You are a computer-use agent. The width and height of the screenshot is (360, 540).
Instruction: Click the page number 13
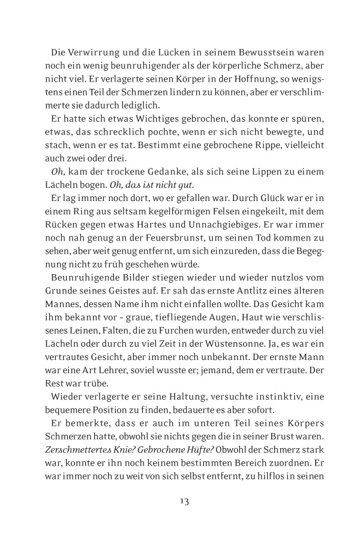[180, 500]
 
